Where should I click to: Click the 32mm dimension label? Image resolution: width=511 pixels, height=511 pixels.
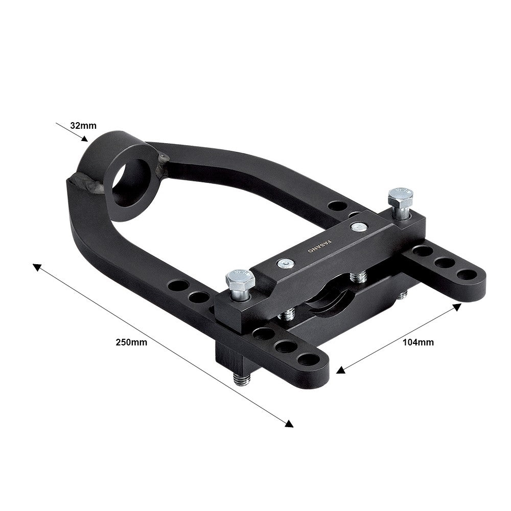[83, 125]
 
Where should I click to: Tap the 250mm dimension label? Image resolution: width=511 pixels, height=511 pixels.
[132, 342]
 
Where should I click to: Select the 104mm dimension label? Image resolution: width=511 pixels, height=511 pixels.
[417, 342]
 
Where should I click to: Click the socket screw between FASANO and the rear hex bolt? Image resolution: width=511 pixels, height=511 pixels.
[359, 226]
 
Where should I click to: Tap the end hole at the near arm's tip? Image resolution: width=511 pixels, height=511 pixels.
[308, 359]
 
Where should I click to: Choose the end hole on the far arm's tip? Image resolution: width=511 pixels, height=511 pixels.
[466, 275]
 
